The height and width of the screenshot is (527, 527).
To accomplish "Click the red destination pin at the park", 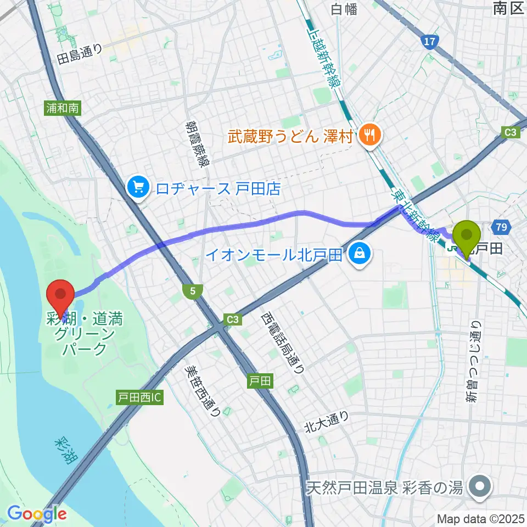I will (x=61, y=296).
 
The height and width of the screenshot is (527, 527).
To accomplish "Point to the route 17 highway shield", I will (x=430, y=42).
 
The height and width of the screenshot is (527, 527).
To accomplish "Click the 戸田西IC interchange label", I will (x=138, y=396).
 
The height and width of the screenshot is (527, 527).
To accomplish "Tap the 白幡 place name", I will (x=343, y=8).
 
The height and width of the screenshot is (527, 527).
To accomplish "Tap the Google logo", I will (x=37, y=514).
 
